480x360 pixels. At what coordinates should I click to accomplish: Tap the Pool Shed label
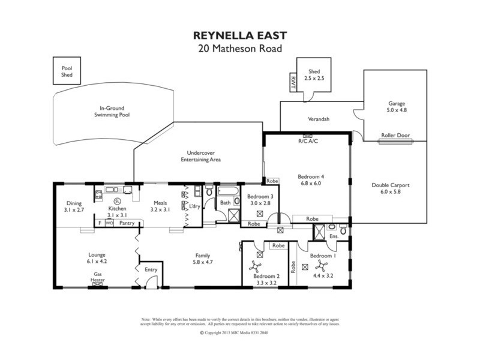67,71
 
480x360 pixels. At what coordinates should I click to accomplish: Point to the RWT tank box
293,81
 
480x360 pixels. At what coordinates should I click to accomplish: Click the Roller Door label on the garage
395,136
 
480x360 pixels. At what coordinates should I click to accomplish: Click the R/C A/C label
307,142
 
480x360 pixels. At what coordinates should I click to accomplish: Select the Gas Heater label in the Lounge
98,277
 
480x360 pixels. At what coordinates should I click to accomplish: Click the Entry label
151,269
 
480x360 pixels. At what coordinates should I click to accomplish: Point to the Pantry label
126,223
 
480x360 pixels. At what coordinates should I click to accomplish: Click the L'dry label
194,206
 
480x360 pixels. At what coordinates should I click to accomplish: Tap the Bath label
225,203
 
